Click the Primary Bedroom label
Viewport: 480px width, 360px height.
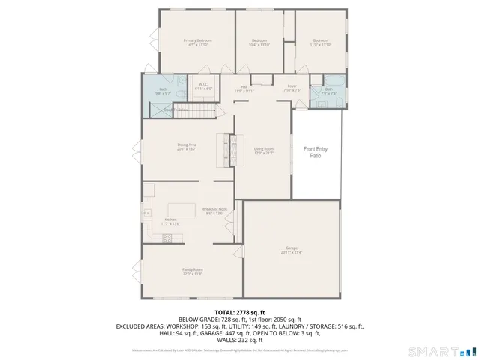(x=198, y=43)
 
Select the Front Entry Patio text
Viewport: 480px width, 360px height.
(x=315, y=153)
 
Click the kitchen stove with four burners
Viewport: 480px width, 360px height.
(x=167, y=237)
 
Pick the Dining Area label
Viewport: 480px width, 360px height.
(x=187, y=146)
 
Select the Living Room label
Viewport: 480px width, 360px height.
(x=262, y=151)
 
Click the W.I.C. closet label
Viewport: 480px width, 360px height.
(x=203, y=85)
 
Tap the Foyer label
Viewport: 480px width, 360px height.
(x=292, y=88)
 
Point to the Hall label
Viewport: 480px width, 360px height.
(x=244, y=88)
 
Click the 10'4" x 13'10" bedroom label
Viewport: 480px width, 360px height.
(x=259, y=43)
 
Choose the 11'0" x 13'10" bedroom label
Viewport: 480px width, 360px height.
(x=320, y=43)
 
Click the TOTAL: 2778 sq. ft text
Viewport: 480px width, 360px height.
(x=240, y=312)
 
